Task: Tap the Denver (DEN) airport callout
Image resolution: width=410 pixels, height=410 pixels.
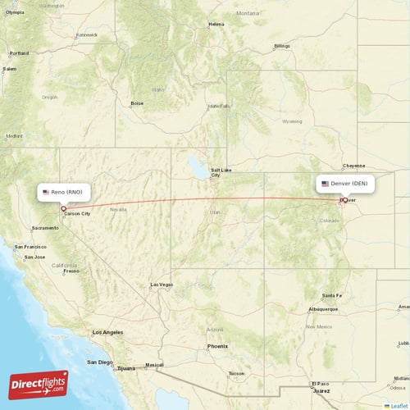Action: click(345, 184)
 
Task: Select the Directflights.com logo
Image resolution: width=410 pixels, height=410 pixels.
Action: click(39, 383)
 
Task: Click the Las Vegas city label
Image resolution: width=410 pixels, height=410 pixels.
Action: click(161, 285)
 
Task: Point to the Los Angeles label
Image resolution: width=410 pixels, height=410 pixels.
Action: click(107, 332)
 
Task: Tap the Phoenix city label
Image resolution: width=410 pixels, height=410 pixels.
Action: click(217, 346)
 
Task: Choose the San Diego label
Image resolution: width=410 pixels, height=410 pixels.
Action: click(100, 362)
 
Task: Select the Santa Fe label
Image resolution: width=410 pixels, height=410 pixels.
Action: click(332, 295)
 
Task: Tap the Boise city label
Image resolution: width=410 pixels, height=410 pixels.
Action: click(137, 103)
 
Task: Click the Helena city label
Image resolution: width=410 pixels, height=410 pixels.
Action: click(216, 24)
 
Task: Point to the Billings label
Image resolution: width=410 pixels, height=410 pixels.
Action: click(282, 46)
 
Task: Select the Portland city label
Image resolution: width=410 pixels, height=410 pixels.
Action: click(19, 53)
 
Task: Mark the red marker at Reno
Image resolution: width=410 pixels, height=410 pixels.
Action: click(63, 208)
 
